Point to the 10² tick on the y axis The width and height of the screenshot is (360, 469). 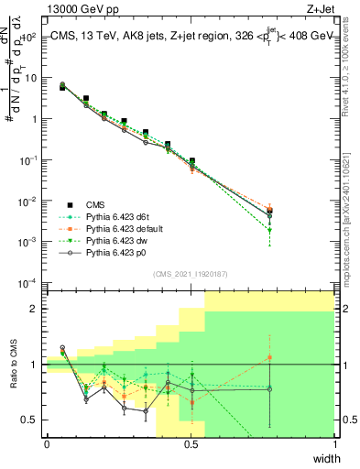[x=27, y=37]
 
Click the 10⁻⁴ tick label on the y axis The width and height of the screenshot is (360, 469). [x=27, y=282]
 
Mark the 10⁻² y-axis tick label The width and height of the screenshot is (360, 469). [x=27, y=201]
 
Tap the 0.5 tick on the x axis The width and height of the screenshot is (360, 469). [x=191, y=444]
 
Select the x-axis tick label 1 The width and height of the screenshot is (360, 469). [x=334, y=444]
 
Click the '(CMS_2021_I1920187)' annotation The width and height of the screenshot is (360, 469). [x=190, y=273]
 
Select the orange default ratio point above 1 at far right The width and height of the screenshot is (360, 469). [x=269, y=357]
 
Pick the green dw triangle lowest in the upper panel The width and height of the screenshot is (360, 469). [x=269, y=231]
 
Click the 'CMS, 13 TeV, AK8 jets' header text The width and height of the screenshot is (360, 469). [x=110, y=35]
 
